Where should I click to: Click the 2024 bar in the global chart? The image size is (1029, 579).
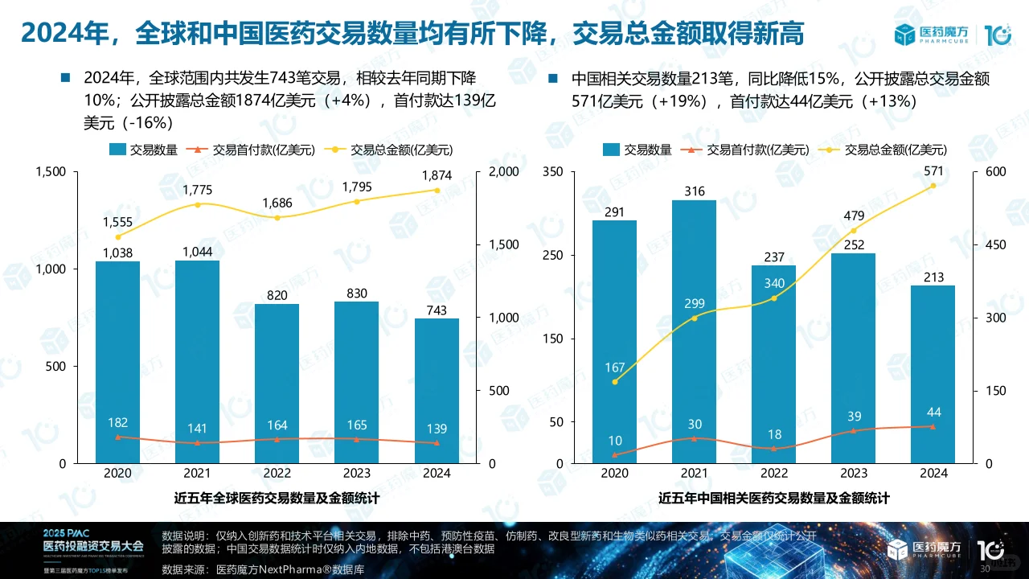point(436,391)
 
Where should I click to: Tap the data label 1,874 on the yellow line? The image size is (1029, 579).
point(437,175)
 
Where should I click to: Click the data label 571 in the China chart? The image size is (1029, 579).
point(933,170)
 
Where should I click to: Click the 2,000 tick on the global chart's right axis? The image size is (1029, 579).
point(504,171)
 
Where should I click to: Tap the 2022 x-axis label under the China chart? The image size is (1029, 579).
point(774,473)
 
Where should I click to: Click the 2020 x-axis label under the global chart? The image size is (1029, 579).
point(118,473)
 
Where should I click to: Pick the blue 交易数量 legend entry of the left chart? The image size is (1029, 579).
point(143,150)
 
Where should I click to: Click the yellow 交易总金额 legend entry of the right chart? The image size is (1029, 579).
point(884,150)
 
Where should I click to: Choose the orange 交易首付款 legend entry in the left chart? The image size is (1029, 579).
point(252,150)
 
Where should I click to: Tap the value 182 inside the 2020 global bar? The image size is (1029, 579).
point(118,422)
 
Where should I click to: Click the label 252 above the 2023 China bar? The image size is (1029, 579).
point(854,244)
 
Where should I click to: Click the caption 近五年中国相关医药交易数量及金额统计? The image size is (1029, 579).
point(773,499)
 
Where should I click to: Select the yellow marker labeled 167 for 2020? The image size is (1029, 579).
point(615,382)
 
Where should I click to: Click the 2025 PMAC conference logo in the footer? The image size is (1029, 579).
point(85,549)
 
